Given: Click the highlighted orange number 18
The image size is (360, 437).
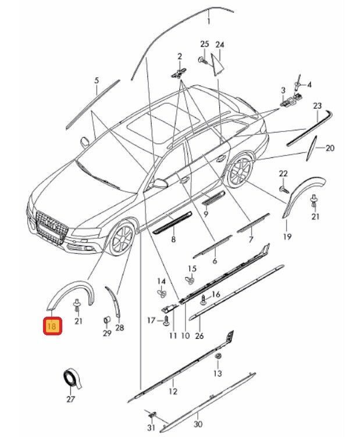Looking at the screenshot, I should click(52, 327).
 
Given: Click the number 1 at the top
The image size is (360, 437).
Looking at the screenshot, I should click(209, 22).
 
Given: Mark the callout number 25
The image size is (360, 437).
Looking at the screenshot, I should click(204, 45).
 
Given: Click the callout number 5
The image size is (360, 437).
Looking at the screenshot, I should click(97, 80).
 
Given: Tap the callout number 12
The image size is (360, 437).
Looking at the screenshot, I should click(172, 392).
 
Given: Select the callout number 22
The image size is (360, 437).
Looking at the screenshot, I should click(283, 174).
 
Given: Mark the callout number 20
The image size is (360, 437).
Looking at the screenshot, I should click(330, 148).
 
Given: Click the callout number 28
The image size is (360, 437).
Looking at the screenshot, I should click(119, 328).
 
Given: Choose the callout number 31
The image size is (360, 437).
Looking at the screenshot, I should click(152, 428).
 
